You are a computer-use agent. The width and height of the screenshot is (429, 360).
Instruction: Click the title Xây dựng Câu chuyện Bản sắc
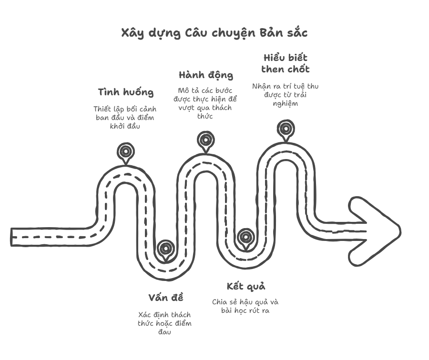point(214,33)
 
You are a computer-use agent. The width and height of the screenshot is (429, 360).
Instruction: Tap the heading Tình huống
point(126,92)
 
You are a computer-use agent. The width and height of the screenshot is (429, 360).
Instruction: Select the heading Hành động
point(206,75)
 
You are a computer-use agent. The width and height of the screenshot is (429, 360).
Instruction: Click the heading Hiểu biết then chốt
point(286,63)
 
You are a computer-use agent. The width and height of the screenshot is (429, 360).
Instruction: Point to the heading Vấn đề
point(165,298)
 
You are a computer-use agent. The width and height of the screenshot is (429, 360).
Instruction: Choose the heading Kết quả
point(245,286)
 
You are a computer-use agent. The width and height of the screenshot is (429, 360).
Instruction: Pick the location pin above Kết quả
point(245,237)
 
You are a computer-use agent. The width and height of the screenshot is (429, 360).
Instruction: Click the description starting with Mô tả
point(205,103)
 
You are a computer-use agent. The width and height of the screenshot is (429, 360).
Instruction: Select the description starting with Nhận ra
point(286,95)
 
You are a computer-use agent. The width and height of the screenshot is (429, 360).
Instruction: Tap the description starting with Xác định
point(165,323)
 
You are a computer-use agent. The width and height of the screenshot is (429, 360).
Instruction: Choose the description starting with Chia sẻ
point(245,306)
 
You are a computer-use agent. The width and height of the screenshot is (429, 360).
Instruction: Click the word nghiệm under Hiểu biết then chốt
point(286,104)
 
